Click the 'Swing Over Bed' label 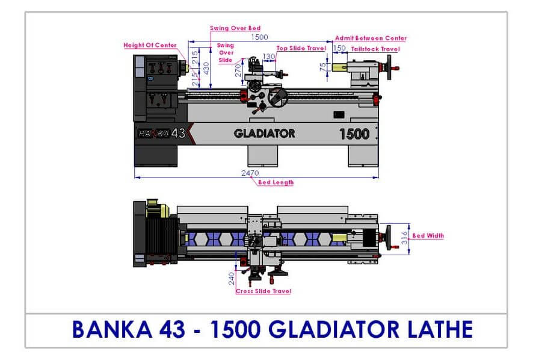click(235, 28)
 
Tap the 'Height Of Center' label click(150, 45)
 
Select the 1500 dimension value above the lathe click(259, 37)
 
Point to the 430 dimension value click(206, 69)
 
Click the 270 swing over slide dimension click(238, 71)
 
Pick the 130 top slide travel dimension click(268, 57)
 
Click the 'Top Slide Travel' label click(301, 48)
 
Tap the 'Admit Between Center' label click(371, 39)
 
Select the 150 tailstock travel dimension click(339, 48)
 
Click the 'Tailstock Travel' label click(375, 49)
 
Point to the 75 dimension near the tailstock click(323, 67)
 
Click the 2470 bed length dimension click(250, 173)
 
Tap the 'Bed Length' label click(276, 182)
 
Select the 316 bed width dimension click(404, 238)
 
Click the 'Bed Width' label click(428, 235)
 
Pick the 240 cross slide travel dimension click(232, 279)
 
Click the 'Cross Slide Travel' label click(263, 291)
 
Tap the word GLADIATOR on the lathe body click(265, 134)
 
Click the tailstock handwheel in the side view click(390, 67)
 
